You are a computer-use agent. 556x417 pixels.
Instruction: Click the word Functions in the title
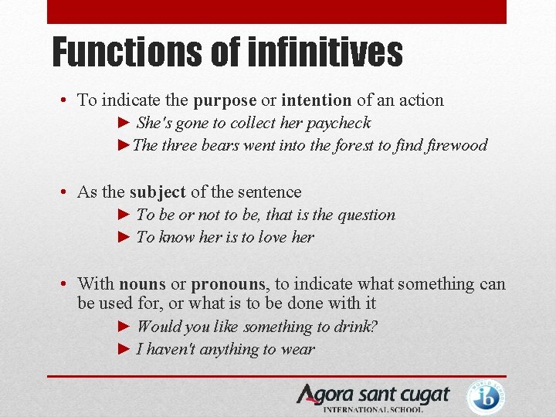tap(126, 53)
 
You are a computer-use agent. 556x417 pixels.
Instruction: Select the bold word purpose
tap(225, 100)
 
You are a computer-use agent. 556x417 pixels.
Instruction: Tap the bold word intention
tap(317, 100)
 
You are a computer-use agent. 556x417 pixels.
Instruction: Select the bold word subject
tap(158, 192)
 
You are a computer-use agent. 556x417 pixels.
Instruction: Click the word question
tap(365, 215)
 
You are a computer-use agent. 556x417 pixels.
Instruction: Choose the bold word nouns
tap(142, 284)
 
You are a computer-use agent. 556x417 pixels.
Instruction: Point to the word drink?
tap(353, 327)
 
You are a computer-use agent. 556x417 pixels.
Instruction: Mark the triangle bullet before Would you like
tap(125, 327)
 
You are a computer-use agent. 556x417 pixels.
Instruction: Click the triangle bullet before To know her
tap(125, 238)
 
